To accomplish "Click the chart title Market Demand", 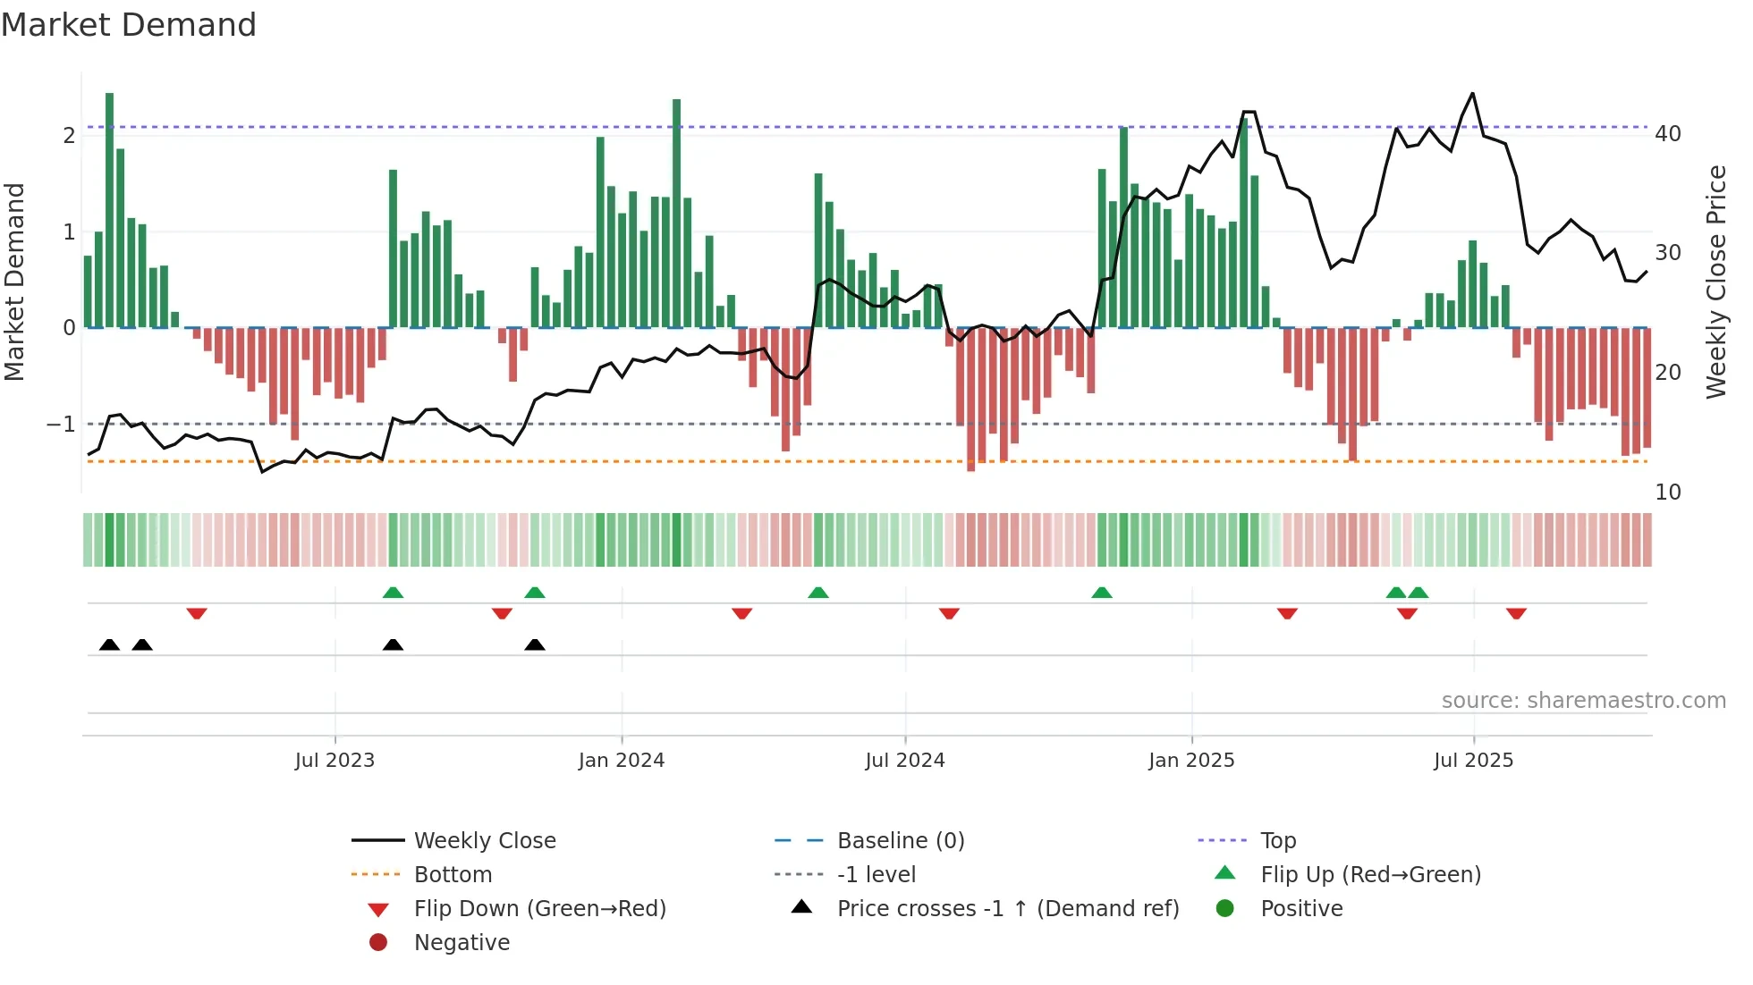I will tap(129, 25).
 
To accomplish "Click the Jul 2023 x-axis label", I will tap(335, 761).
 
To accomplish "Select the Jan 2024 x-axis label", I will tap(622, 761).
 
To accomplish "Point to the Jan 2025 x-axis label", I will tap(1191, 761).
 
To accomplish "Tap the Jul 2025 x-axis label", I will tap(1473, 761).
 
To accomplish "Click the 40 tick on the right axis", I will tap(1667, 134).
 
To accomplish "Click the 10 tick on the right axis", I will tap(1667, 492).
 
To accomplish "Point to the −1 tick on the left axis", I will tap(61, 424).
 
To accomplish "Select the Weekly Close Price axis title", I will tap(1715, 282).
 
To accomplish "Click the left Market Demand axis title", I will tap(14, 282).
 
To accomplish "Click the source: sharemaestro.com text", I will tap(1583, 701).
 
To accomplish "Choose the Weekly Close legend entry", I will tap(485, 841).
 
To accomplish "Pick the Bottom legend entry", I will tap(453, 875).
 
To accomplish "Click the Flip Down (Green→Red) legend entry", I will tap(539, 909).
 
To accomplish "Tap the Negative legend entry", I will tap(462, 943).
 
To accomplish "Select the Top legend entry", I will tap(1278, 841).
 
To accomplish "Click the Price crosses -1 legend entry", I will tap(1007, 909).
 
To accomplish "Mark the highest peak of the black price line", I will tap(1472, 94).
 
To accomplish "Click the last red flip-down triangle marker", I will tap(1516, 613).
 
